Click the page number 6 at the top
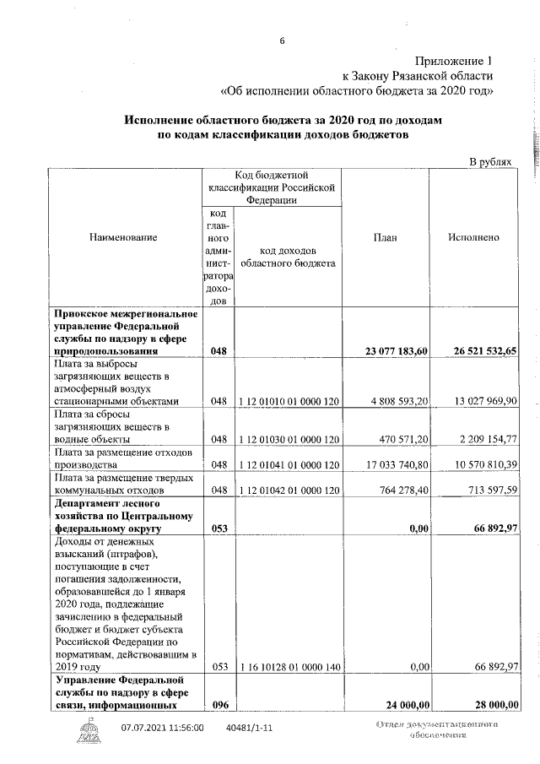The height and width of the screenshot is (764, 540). coord(283,38)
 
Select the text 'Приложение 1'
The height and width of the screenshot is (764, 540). coord(453,61)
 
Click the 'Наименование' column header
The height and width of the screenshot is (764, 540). coord(123,238)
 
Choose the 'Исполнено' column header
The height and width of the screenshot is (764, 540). coord(473,238)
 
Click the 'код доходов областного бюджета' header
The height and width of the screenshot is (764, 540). coord(288,257)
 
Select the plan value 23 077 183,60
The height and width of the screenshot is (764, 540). coord(390,351)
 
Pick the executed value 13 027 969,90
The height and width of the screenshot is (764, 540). coord(478,402)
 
